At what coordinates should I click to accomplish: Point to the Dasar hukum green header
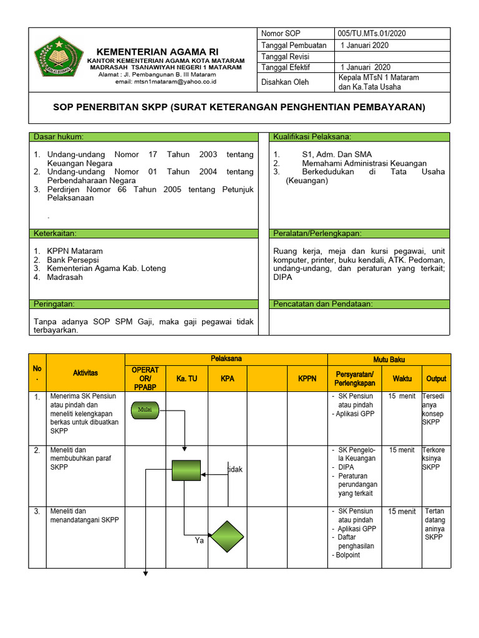tap(143, 136)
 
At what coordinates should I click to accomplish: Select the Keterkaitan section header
tap(143, 233)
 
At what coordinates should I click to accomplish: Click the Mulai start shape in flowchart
tap(145, 409)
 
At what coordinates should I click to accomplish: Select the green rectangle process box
tap(186, 470)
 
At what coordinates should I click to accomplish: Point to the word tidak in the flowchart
tap(235, 469)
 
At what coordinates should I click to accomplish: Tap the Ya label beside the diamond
tap(200, 541)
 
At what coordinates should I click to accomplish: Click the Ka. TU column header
tap(186, 378)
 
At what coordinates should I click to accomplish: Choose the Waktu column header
tap(402, 378)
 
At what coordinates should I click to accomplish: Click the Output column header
tap(436, 378)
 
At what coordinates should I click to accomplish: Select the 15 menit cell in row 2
tap(402, 450)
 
